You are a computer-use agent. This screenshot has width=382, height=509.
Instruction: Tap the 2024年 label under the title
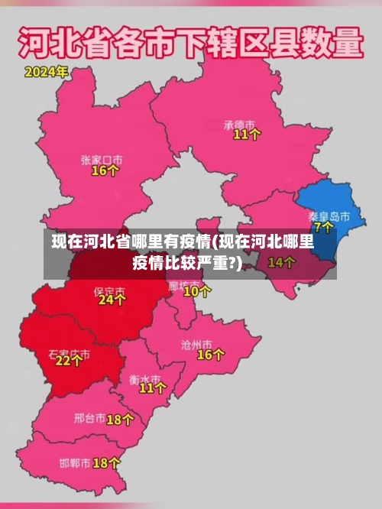tap(47, 73)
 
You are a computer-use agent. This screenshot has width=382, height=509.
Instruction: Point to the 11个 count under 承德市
tap(247, 135)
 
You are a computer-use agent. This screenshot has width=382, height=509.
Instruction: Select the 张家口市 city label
tap(102, 160)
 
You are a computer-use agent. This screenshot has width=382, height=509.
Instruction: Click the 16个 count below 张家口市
tap(105, 171)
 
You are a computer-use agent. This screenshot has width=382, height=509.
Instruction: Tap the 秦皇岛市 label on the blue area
tap(329, 216)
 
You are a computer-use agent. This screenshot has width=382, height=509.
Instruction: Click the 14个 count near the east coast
tap(281, 262)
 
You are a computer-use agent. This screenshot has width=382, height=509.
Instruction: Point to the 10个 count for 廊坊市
tap(197, 291)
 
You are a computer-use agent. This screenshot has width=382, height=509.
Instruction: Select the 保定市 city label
tap(108, 291)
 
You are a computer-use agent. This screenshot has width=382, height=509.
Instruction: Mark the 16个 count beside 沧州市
tap(210, 355)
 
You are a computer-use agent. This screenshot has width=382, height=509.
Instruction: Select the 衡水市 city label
tap(144, 378)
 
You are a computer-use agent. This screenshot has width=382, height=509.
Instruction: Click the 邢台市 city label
tap(89, 418)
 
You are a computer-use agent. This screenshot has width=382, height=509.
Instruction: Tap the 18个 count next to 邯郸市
tap(106, 463)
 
